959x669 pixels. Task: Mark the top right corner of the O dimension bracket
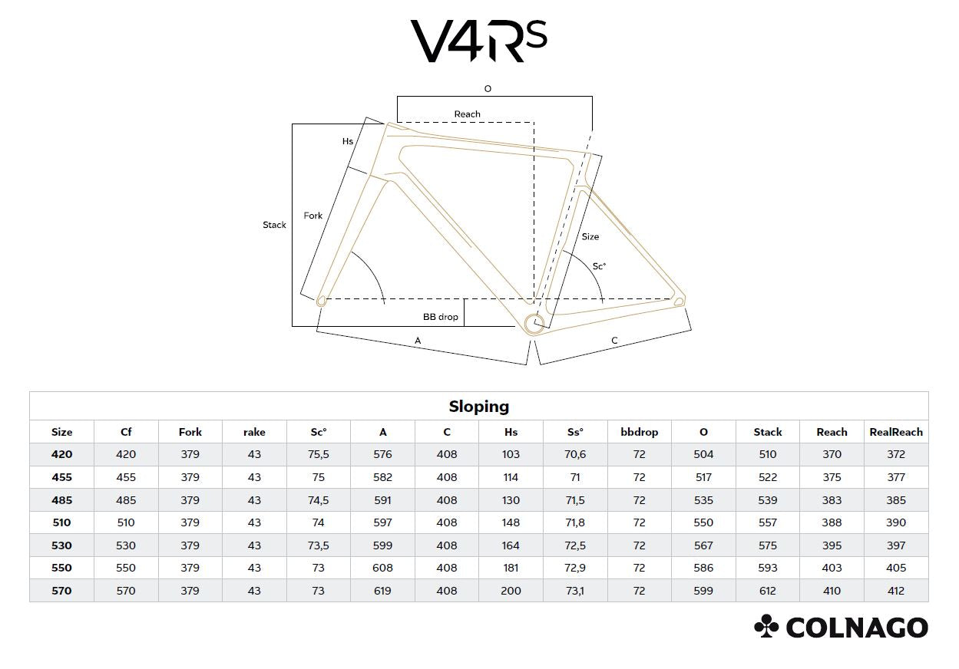click(x=593, y=97)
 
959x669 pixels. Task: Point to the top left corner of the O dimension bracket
click(x=397, y=97)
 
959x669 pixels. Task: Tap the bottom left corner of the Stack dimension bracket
click(x=292, y=326)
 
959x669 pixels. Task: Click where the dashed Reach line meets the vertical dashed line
click(x=534, y=122)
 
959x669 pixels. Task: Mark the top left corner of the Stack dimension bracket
click(x=292, y=124)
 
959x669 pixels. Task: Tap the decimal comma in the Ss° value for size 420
click(x=575, y=457)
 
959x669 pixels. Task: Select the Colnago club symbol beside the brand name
click(x=766, y=626)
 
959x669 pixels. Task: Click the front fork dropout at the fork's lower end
click(x=321, y=302)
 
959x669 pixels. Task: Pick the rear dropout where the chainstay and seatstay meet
click(x=679, y=302)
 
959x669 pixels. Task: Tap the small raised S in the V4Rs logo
click(x=537, y=34)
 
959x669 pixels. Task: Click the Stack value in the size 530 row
click(x=768, y=545)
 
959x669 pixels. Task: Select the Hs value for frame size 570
click(x=511, y=591)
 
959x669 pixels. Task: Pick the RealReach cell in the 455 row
click(x=895, y=477)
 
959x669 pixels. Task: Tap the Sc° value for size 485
click(x=318, y=500)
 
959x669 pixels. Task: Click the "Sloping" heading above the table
click(x=479, y=407)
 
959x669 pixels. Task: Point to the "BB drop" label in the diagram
click(x=441, y=317)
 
